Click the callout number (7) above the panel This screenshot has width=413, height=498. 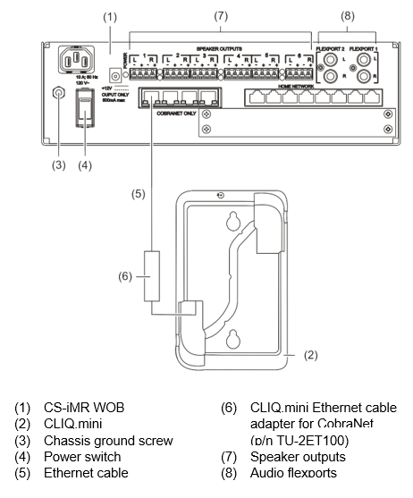221,17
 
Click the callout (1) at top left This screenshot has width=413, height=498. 110,17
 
